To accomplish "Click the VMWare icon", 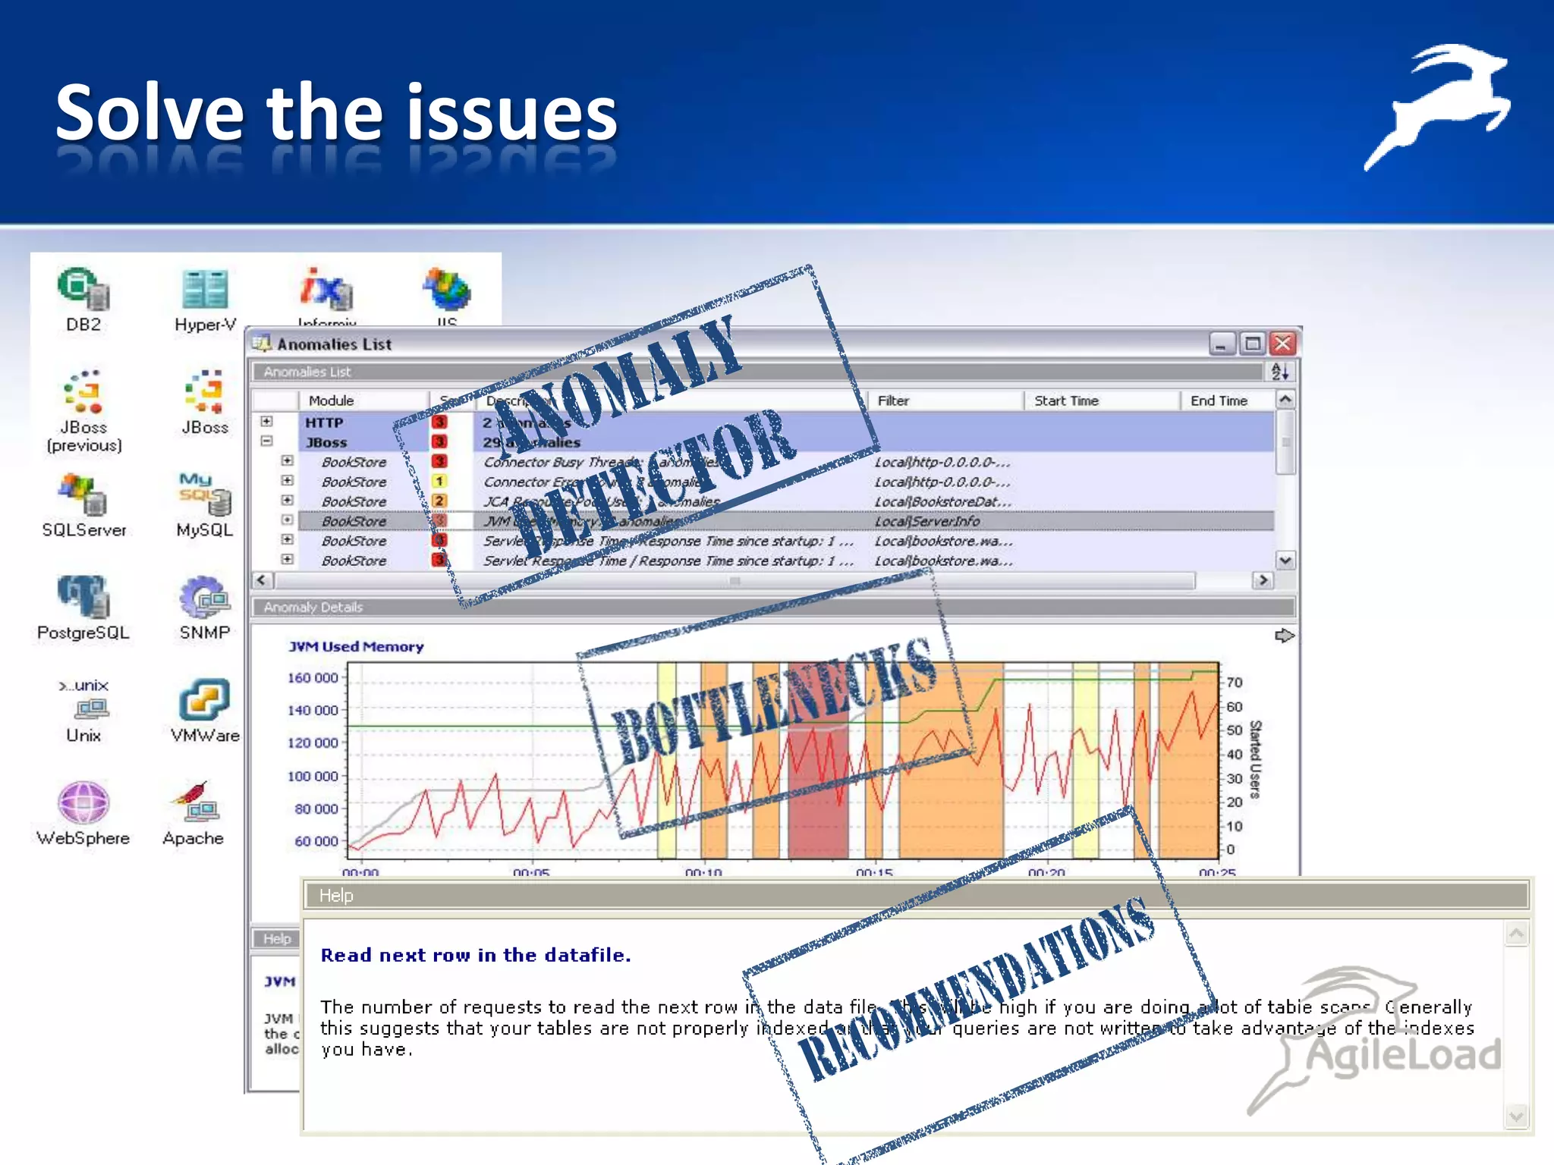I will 204,699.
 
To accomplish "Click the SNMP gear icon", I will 204,597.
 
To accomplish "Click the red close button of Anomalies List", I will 1283,344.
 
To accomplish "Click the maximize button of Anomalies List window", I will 1253,344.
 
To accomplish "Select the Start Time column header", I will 1066,400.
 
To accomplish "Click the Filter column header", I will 893,400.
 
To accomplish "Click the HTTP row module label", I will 324,422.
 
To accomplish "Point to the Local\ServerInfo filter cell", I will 926,521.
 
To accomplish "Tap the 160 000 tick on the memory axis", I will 313,677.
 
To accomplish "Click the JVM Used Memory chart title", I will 356,646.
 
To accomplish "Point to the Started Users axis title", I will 1255,759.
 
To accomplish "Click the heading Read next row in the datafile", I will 476,955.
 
